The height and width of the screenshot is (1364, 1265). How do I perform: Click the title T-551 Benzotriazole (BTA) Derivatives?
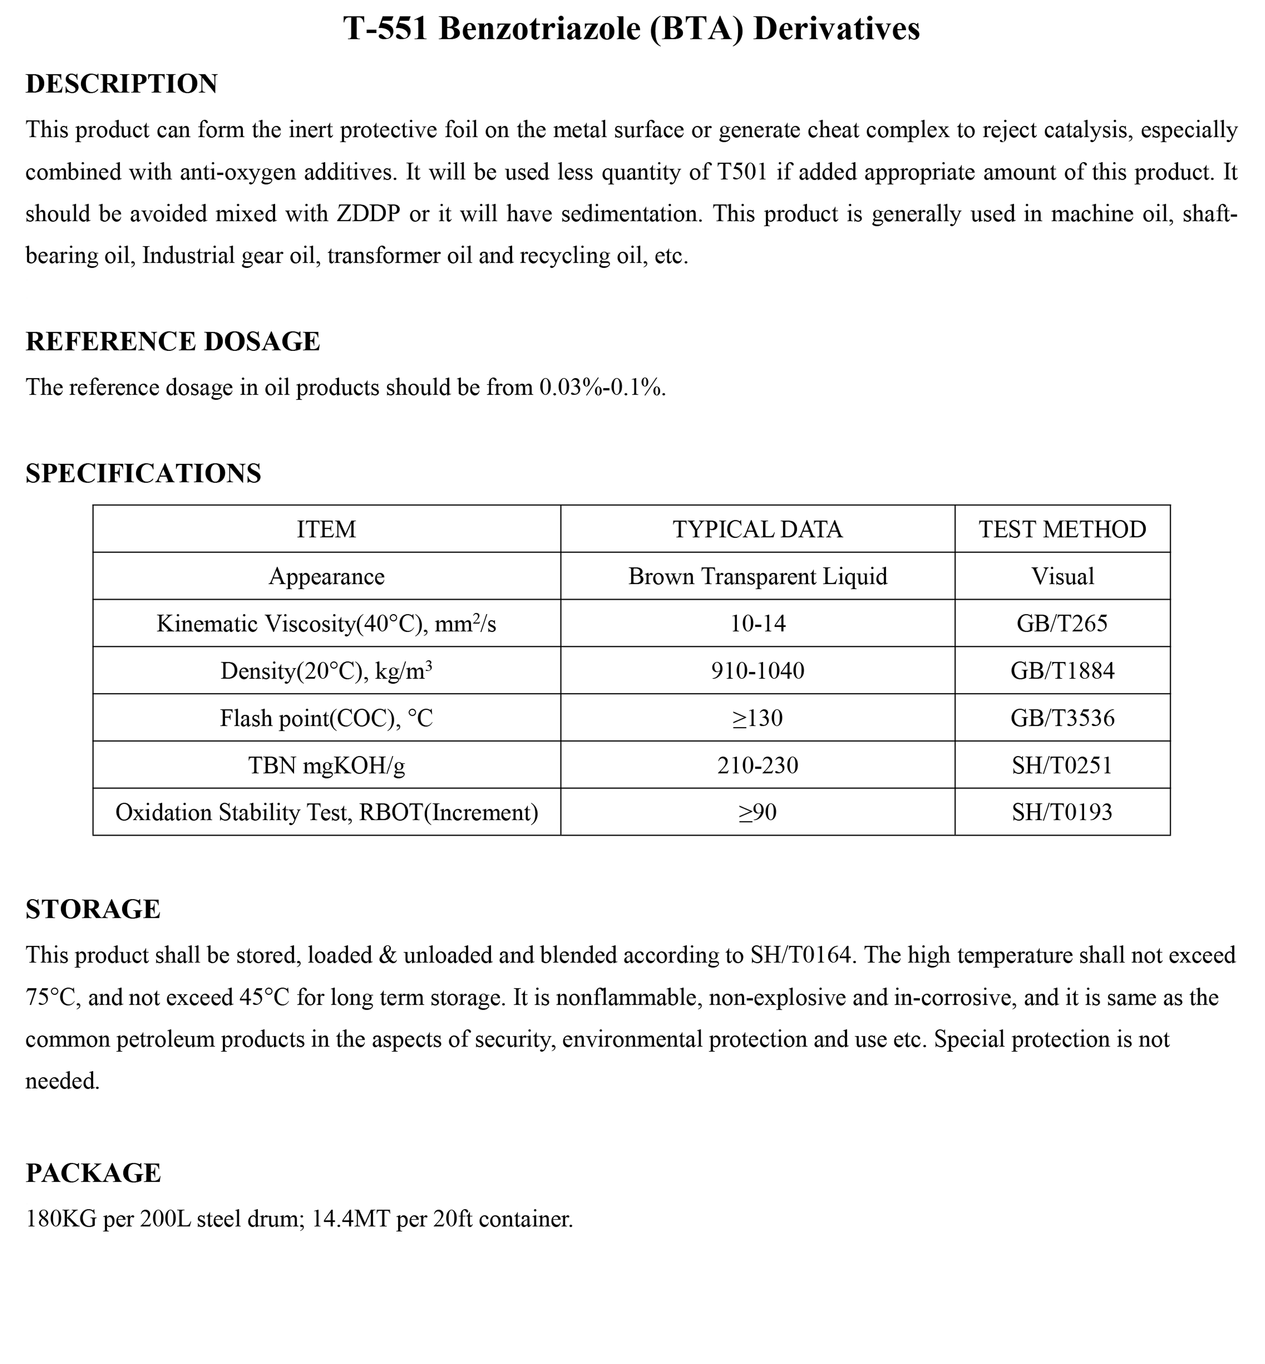(631, 29)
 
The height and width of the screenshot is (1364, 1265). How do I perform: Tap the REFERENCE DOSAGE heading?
(172, 341)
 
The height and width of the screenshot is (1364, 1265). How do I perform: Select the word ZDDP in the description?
(368, 214)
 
